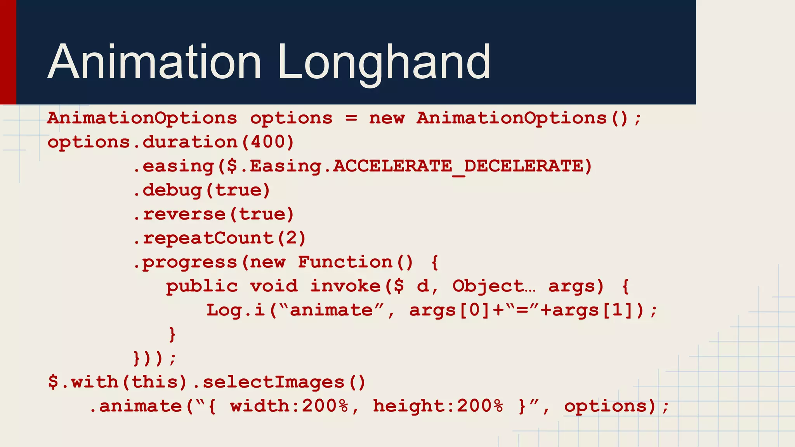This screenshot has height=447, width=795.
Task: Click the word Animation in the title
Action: (154, 62)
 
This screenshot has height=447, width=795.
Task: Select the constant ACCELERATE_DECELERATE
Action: (458, 166)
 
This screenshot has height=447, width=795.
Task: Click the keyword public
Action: (202, 286)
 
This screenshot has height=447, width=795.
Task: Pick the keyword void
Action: (274, 286)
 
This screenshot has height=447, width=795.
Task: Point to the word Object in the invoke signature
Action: (488, 286)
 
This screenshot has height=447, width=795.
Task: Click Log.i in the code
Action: (235, 310)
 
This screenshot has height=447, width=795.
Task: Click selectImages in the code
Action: (274, 382)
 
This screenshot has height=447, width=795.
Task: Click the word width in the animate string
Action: (259, 406)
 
